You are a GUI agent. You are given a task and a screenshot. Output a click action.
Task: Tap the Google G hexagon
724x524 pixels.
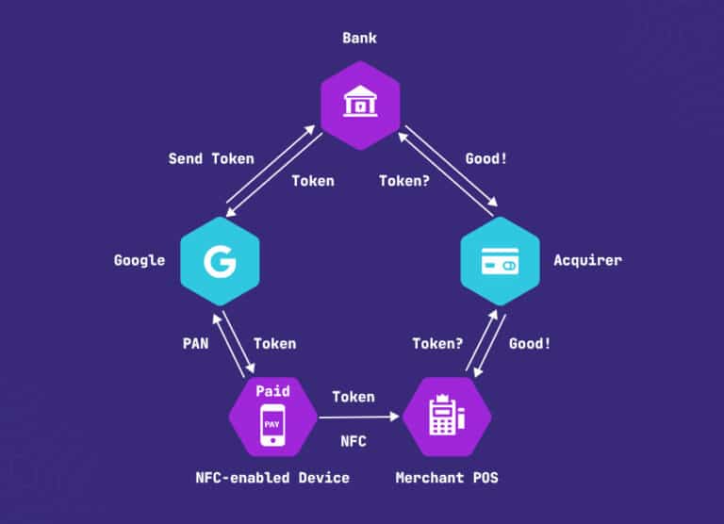tap(220, 260)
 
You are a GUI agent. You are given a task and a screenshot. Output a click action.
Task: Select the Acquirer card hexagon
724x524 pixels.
tap(499, 260)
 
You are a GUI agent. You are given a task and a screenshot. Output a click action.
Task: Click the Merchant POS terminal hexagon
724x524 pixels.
tap(447, 417)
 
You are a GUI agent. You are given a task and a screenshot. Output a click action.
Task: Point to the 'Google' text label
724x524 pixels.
tap(140, 260)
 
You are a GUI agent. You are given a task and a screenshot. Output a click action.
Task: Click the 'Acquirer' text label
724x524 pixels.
tap(587, 260)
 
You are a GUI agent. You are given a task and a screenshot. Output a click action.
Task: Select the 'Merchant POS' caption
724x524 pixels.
tap(447, 478)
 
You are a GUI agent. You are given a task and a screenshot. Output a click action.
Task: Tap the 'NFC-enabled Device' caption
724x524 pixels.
tap(271, 478)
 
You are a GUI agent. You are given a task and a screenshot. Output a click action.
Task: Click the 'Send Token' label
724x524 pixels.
tap(211, 158)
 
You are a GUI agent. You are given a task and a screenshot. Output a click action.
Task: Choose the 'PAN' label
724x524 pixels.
tap(195, 344)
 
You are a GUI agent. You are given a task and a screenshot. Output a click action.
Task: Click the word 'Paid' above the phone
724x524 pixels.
tap(271, 389)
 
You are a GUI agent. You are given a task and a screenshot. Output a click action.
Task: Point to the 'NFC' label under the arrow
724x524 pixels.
tap(354, 440)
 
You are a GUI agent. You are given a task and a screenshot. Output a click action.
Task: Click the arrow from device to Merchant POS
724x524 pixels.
tap(359, 417)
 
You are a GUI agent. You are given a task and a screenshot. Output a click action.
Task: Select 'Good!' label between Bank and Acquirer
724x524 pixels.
tap(486, 158)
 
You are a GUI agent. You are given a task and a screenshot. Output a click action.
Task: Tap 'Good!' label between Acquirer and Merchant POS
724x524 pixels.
tap(530, 344)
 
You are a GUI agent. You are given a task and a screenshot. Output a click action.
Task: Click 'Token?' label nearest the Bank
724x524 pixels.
tap(404, 181)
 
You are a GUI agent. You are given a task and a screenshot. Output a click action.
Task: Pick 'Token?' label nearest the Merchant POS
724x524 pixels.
tap(437, 344)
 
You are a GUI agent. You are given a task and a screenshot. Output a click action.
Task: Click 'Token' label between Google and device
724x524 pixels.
tap(274, 344)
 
